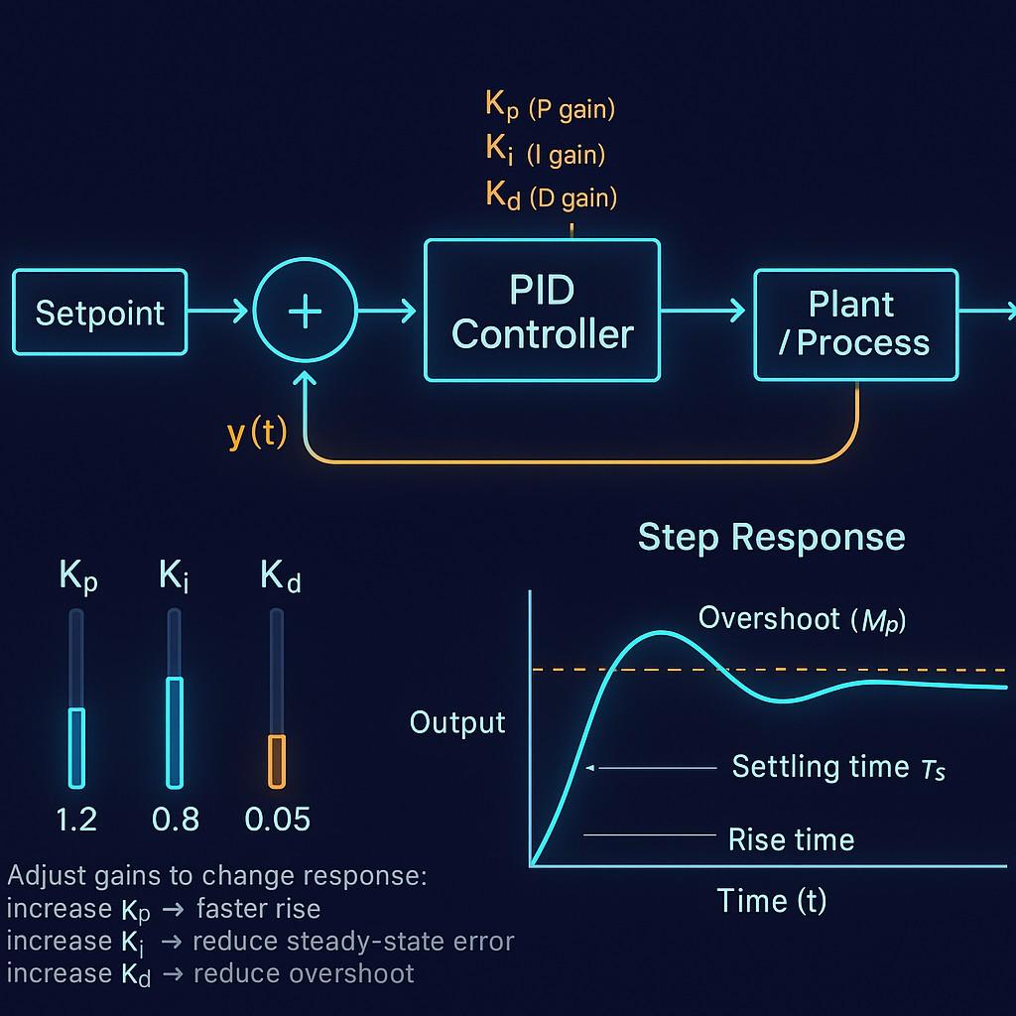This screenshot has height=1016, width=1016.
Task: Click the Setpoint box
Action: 99,313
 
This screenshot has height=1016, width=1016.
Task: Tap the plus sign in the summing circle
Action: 305,312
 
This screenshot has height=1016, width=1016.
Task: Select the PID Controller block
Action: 542,312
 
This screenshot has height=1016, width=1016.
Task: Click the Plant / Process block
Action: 855,323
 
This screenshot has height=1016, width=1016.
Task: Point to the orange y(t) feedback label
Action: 257,434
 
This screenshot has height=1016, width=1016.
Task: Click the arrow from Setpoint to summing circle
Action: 218,312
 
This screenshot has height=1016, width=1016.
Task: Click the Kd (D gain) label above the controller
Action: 551,195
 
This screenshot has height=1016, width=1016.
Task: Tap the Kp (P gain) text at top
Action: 550,107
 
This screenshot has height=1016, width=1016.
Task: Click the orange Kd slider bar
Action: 277,760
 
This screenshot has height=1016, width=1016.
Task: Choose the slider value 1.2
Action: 76,820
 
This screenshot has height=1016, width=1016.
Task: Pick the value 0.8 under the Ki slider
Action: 176,820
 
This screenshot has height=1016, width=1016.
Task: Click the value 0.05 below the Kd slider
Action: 278,820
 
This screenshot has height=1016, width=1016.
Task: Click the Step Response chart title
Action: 771,537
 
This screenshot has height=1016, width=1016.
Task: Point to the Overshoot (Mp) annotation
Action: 802,618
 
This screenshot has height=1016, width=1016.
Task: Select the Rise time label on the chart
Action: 791,839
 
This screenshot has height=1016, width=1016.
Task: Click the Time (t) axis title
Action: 771,900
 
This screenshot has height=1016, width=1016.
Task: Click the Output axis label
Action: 457,722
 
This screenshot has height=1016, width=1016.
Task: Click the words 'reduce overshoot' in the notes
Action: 304,973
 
